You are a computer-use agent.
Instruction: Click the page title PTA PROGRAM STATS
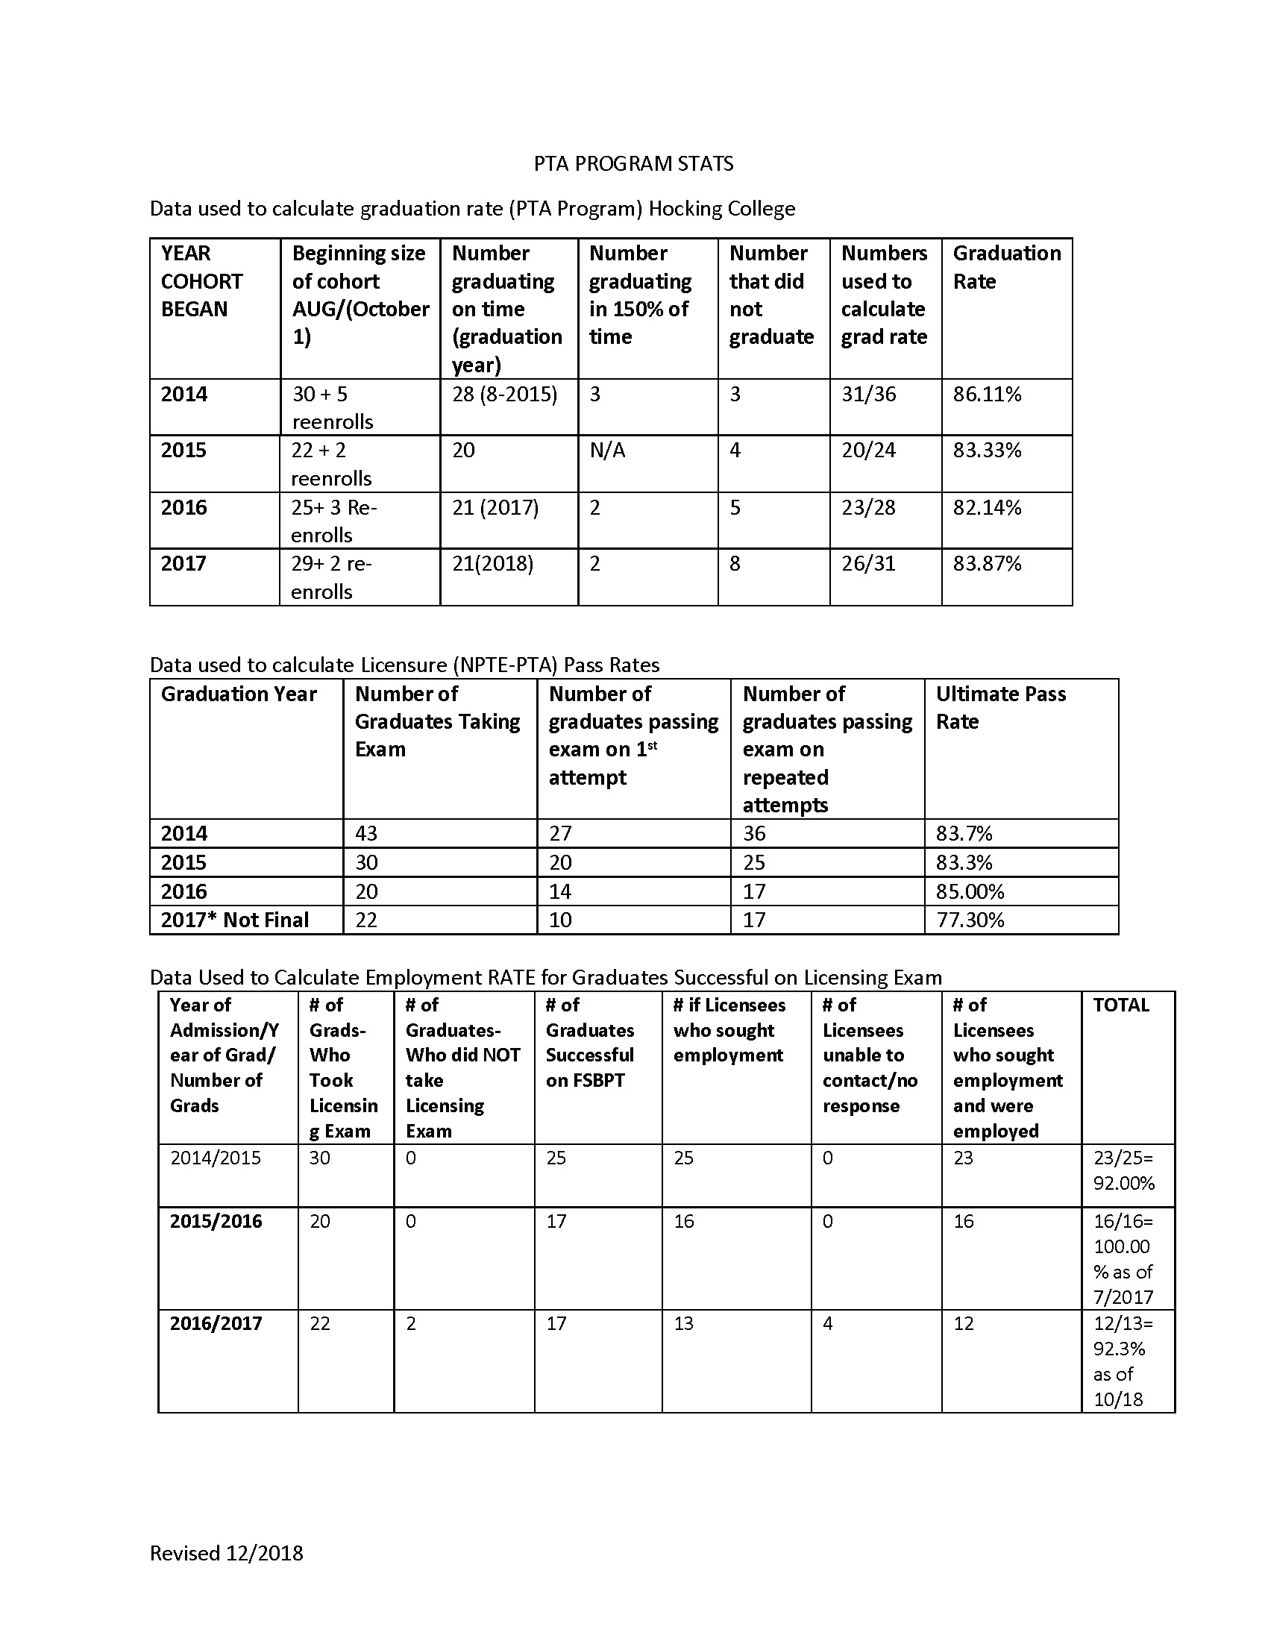633,164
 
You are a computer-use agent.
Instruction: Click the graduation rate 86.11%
986,395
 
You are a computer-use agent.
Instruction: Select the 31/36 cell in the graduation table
868,395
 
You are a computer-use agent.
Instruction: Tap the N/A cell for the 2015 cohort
607,451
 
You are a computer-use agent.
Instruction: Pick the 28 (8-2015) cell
504,395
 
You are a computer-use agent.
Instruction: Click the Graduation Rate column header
1006,267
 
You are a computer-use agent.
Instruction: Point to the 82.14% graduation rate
986,508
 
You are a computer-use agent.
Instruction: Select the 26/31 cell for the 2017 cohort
868,563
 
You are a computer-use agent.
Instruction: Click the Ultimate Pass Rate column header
999,707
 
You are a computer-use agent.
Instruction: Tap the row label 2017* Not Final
234,920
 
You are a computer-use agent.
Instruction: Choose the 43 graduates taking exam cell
365,833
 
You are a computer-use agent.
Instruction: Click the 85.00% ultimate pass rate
969,891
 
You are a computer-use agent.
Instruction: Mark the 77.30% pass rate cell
969,920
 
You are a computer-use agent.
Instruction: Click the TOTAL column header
1120,1005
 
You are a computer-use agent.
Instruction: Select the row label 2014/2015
216,1158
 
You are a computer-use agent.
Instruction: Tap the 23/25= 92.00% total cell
1123,1170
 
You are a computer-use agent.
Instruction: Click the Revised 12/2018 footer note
226,1553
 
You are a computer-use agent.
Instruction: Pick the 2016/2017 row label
216,1323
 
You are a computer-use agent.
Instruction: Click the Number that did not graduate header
770,295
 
